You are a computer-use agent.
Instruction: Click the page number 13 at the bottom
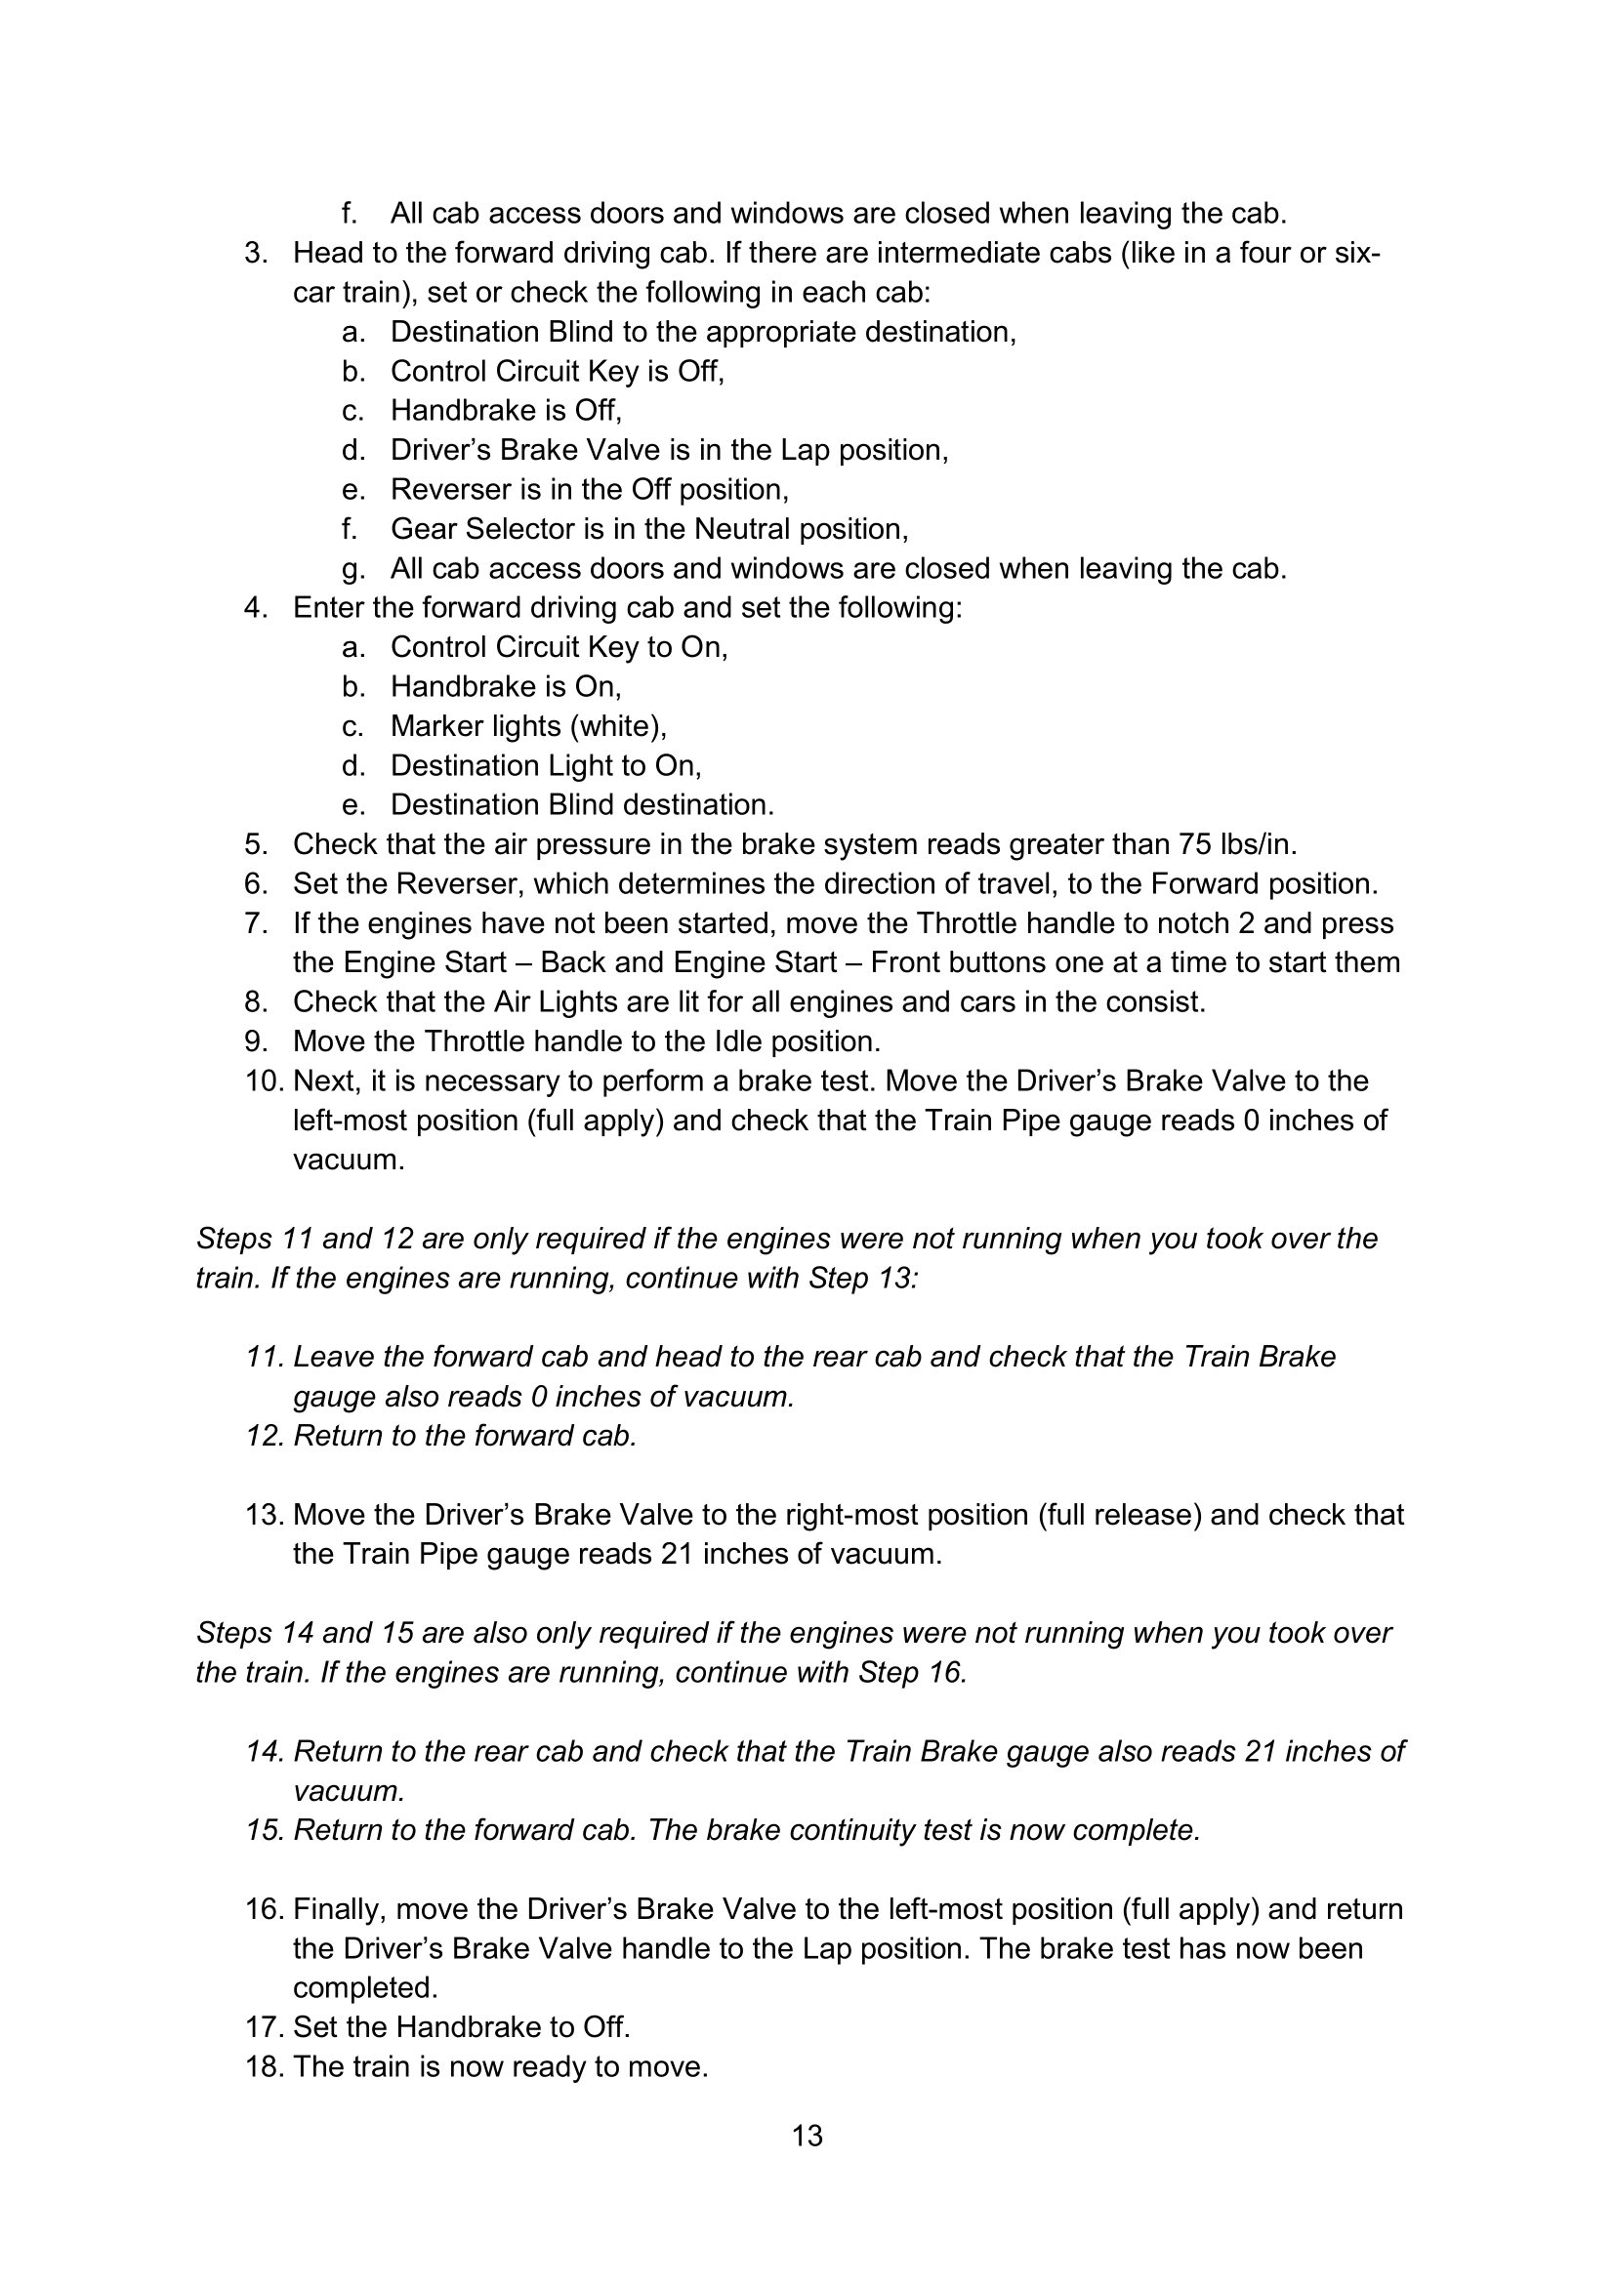(807, 2135)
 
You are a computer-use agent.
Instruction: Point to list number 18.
(265, 2066)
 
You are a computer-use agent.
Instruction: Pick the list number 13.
(265, 1515)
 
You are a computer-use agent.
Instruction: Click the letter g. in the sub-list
(353, 569)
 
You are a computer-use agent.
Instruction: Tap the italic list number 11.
(265, 1358)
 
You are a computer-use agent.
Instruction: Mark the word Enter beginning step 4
(331, 607)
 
